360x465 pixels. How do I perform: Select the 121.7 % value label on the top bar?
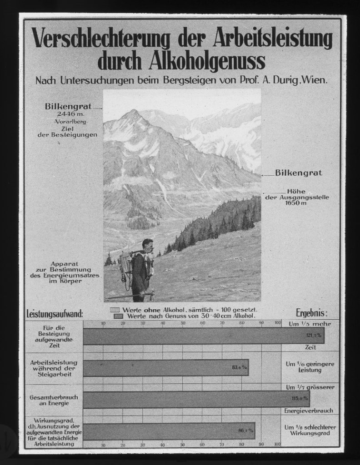[x=313, y=335]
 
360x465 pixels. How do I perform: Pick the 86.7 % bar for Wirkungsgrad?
[x=169, y=430]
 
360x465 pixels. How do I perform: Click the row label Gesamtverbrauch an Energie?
[x=54, y=400]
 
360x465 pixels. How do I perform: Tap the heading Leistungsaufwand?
[x=55, y=313]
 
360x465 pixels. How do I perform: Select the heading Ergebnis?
[x=311, y=313]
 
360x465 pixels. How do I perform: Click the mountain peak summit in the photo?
[x=133, y=111]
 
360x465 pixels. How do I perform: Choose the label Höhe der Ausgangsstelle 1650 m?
[x=297, y=198]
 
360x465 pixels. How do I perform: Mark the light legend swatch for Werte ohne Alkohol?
[x=115, y=309]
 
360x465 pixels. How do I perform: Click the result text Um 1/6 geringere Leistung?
[x=310, y=366]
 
